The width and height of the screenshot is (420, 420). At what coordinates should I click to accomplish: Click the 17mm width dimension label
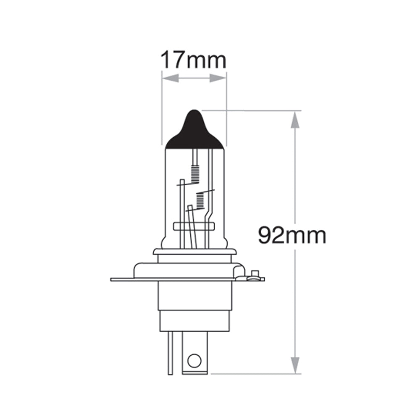(x=194, y=60)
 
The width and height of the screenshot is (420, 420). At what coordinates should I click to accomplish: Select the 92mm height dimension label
(x=292, y=235)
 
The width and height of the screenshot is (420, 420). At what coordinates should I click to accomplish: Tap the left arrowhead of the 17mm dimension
(x=170, y=79)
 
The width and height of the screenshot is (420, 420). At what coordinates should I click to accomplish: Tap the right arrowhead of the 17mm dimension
(x=218, y=79)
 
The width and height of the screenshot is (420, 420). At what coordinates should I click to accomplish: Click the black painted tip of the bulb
(x=194, y=130)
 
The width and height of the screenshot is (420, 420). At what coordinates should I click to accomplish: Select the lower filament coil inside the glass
(x=201, y=200)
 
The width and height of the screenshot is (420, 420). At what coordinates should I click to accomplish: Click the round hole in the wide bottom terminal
(x=194, y=360)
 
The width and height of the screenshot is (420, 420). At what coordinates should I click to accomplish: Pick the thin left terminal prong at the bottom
(x=170, y=353)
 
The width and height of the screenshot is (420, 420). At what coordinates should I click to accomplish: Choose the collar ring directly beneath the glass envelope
(x=194, y=252)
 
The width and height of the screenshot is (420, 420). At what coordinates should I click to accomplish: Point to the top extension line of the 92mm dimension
(x=252, y=111)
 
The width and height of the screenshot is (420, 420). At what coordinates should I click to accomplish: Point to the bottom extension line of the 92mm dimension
(x=252, y=373)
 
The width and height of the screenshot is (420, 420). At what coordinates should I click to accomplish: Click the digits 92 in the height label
(x=272, y=235)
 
